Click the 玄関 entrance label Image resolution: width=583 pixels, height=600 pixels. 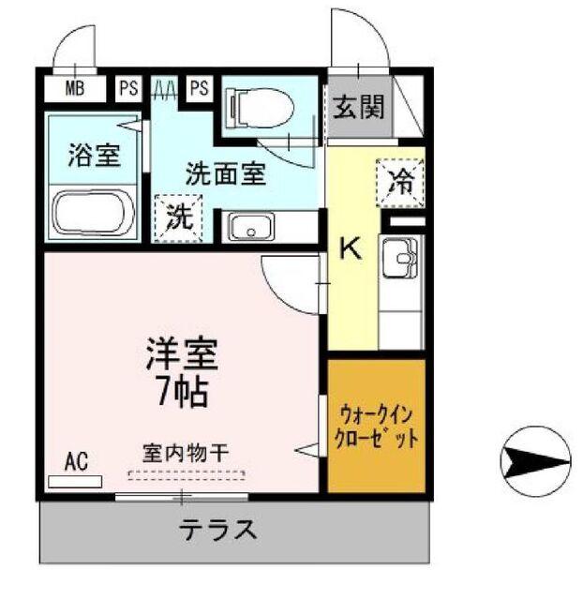click(x=357, y=108)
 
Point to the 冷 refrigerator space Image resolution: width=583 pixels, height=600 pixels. click(x=400, y=180)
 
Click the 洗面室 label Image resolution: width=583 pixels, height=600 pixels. click(x=224, y=172)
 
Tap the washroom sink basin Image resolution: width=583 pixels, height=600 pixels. click(x=248, y=227)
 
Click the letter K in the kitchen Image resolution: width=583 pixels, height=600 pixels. click(x=350, y=248)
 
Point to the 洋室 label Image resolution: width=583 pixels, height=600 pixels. click(x=181, y=353)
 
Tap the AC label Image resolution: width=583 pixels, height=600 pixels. click(x=77, y=460)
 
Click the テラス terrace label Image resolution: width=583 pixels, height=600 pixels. click(x=218, y=531)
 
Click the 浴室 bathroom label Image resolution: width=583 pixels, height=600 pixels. click(x=94, y=156)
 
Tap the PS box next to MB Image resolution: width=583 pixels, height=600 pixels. click(x=128, y=89)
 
